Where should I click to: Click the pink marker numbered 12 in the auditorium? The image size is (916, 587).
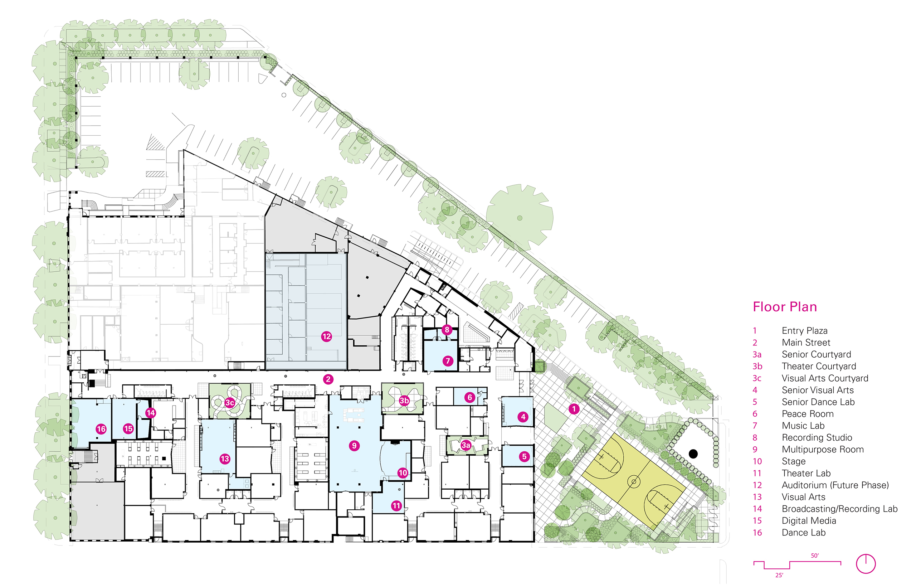[x=327, y=336]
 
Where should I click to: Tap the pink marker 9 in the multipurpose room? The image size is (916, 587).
[x=354, y=446]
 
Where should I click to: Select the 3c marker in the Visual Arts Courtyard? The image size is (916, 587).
[x=229, y=403]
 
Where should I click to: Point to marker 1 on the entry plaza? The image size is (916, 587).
[x=574, y=409]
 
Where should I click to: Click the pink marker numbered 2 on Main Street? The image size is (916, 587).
[x=328, y=379]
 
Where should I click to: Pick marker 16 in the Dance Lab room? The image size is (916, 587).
[x=101, y=429]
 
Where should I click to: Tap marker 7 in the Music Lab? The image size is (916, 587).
[x=448, y=360]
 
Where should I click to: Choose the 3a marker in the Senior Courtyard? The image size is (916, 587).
[x=466, y=445]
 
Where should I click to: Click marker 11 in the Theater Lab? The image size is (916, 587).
[x=396, y=506]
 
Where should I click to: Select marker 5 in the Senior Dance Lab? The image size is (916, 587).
[x=524, y=457]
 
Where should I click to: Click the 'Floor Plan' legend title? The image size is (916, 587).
[x=785, y=307]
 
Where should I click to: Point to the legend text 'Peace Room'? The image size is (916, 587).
[x=808, y=414]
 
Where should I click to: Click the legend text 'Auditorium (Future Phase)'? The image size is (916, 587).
[x=835, y=485]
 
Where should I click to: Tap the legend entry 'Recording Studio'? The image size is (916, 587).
[x=817, y=438]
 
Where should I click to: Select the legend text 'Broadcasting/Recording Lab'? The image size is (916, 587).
[x=839, y=509]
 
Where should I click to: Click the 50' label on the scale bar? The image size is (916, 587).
[x=815, y=556]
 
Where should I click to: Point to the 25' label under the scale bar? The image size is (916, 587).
[x=779, y=575]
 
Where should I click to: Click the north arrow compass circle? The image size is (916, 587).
[x=866, y=563]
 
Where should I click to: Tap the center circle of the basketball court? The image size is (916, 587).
[x=634, y=482]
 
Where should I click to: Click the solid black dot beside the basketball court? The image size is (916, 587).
[x=693, y=454]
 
